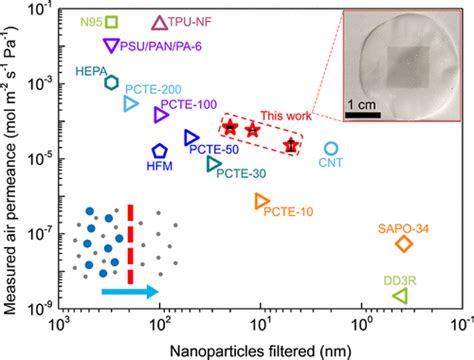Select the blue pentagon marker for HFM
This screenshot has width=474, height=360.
[x=160, y=152]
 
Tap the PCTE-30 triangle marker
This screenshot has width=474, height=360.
[x=214, y=163]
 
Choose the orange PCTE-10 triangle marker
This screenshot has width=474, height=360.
[x=262, y=202]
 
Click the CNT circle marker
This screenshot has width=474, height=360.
[x=331, y=148]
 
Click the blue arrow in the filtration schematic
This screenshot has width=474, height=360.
[x=116, y=291]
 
